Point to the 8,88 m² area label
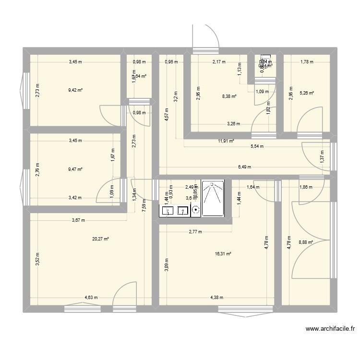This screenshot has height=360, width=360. [x=306, y=242]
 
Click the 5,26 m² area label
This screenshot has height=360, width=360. [x=306, y=93]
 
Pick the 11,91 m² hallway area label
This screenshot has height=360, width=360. [x=226, y=141]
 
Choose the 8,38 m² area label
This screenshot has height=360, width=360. [x=229, y=96]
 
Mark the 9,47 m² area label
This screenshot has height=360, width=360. [x=76, y=169]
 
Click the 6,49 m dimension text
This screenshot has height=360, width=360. [x=244, y=167]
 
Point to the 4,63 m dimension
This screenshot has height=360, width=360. [x=91, y=298]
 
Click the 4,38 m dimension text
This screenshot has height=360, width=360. [x=217, y=298]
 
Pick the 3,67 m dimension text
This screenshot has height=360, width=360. [x=78, y=221]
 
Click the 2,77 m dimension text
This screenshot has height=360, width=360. [x=195, y=232]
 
